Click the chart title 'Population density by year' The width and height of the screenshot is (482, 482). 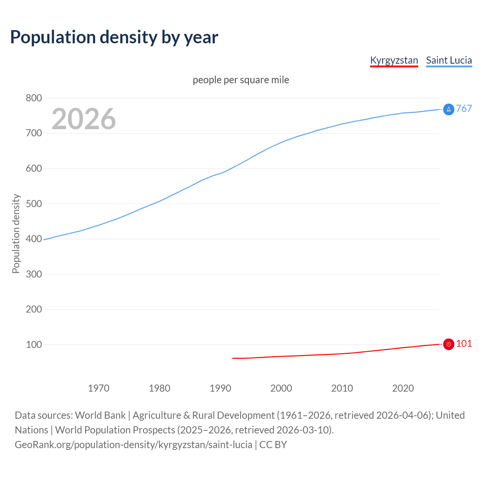click(114, 37)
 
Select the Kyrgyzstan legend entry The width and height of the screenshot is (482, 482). click(394, 60)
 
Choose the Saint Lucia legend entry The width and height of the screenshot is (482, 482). click(449, 60)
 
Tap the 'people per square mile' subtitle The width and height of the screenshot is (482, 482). click(241, 80)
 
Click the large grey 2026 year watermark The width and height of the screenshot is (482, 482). click(84, 119)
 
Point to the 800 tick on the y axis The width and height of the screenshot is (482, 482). click(34, 98)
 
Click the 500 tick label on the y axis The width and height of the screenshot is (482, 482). click(34, 204)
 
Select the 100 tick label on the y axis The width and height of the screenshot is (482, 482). click(34, 345)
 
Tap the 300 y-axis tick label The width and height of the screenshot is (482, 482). click(34, 274)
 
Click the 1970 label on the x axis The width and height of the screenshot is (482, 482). click(99, 388)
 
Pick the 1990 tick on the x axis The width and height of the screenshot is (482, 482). click(220, 388)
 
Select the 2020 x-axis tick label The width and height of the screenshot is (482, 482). click(403, 388)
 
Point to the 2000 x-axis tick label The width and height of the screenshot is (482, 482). click(281, 388)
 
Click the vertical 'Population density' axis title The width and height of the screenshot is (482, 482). click(16, 233)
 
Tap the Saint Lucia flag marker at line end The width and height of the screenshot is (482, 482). click(448, 109)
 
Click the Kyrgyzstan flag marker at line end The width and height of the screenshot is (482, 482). click(448, 344)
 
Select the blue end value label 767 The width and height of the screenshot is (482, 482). click(464, 108)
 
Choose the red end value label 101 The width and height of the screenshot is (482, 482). click(464, 343)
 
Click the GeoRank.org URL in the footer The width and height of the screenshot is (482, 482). click(133, 445)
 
